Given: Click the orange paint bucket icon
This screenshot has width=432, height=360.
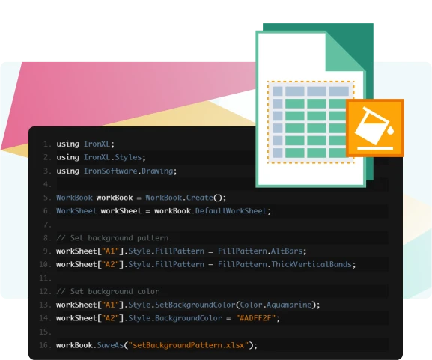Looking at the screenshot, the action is click(375, 128).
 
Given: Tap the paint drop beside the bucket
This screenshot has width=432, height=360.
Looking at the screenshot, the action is click(390, 131).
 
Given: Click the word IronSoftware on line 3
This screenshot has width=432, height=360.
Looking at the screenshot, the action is click(111, 171).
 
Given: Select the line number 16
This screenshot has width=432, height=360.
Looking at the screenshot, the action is click(45, 345).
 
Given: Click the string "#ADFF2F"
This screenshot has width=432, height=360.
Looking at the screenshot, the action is click(255, 318).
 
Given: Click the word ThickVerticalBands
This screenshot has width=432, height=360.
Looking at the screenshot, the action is click(311, 264).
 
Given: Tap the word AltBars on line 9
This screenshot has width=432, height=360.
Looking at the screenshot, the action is click(287, 251).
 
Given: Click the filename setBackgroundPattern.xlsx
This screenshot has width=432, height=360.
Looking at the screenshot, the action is click(189, 345).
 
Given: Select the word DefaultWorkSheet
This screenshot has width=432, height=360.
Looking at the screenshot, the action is click(231, 211).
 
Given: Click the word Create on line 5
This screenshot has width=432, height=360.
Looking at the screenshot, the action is click(200, 198).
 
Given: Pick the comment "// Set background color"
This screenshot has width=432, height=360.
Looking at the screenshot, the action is click(108, 291).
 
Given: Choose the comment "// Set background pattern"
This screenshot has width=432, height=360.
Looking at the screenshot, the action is click(112, 238).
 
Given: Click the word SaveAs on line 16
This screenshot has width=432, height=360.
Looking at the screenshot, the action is click(110, 345).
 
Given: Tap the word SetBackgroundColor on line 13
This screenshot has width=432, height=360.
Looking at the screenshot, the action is click(195, 305).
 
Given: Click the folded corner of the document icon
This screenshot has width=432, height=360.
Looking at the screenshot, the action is click(344, 52).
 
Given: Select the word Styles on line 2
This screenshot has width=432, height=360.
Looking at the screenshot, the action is click(128, 157).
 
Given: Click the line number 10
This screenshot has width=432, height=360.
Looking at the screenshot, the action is click(45, 264).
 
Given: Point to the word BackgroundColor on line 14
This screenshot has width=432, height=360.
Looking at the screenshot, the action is click(189, 318).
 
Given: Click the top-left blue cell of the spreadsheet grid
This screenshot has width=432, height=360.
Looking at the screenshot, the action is click(278, 91).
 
